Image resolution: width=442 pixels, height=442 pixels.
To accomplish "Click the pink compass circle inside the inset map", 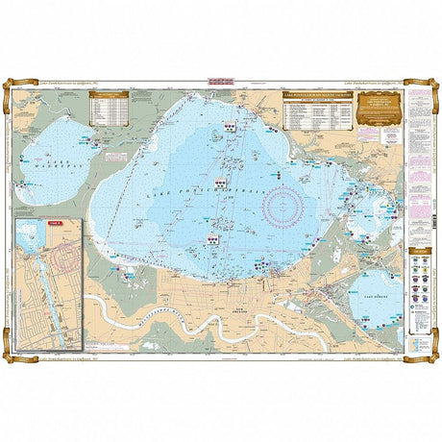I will [67, 258].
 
